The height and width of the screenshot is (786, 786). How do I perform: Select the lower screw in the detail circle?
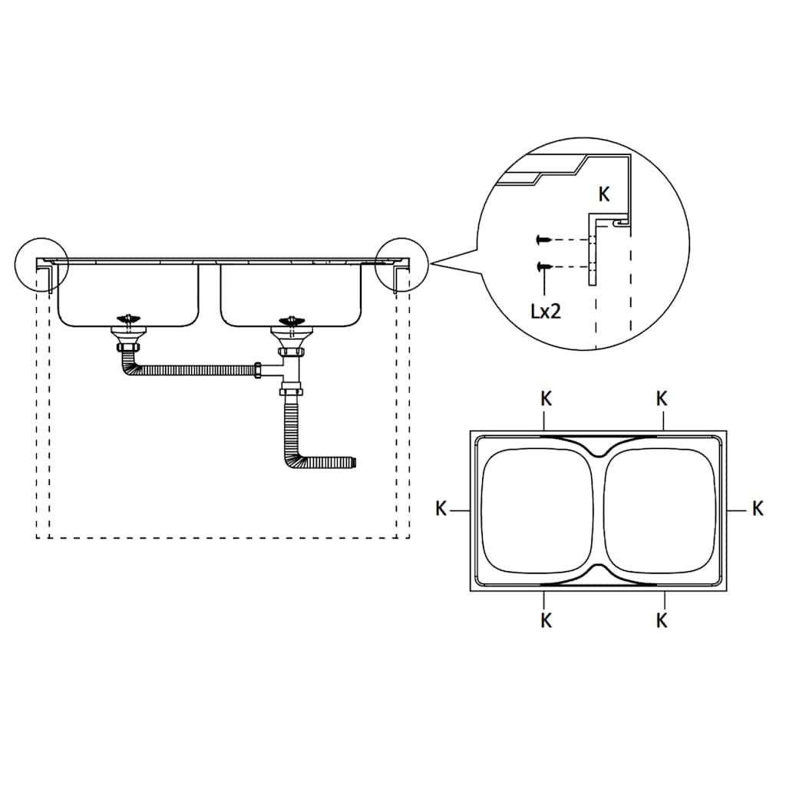click(x=544, y=266)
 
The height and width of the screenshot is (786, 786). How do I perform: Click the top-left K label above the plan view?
click(x=546, y=399)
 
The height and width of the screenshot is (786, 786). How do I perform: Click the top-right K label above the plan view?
click(x=662, y=399)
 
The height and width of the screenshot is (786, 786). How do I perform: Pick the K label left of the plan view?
click(x=441, y=509)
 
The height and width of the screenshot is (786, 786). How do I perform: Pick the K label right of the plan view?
click(x=758, y=508)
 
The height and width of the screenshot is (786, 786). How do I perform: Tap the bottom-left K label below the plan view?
click(x=546, y=621)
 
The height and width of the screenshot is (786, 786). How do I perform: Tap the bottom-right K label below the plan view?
click(x=662, y=621)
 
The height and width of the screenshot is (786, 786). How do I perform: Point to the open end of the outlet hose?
click(x=356, y=461)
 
